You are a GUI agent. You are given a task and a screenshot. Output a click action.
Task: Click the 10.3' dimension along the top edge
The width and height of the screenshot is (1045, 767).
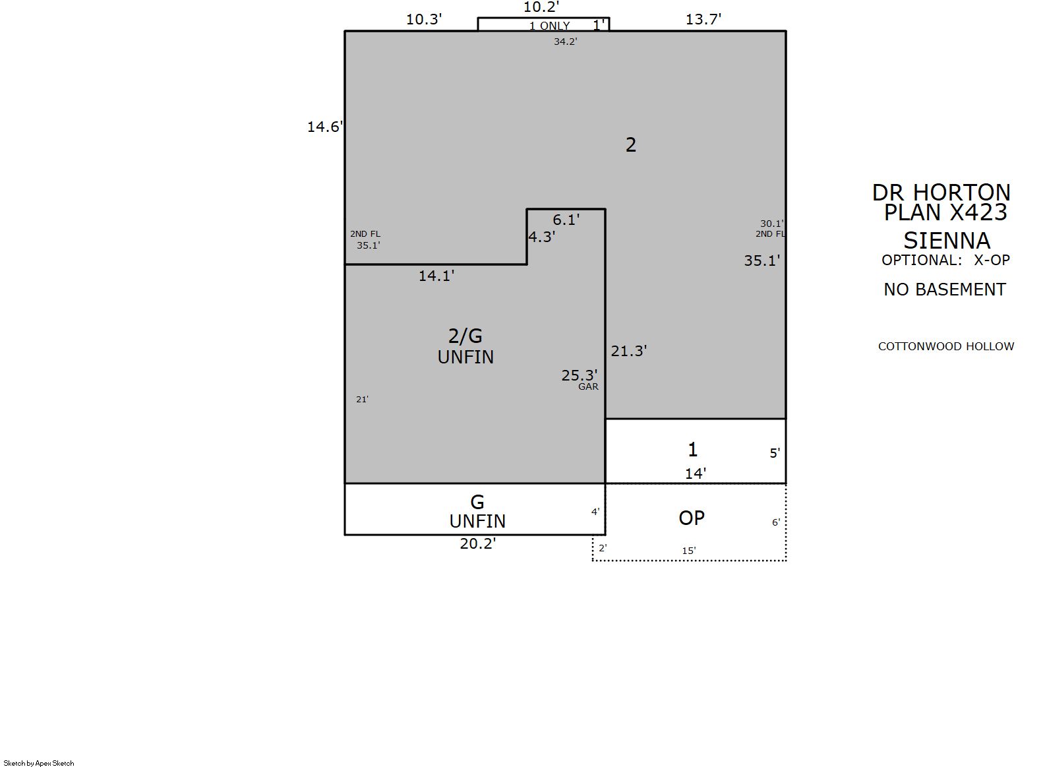(423, 20)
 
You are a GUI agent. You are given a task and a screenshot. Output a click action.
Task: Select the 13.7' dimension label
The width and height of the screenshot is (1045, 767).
(703, 20)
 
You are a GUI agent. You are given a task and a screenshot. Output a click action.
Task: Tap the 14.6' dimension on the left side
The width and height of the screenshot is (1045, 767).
(324, 127)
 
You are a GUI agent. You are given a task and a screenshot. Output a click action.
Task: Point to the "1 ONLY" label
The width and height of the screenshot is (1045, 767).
(549, 26)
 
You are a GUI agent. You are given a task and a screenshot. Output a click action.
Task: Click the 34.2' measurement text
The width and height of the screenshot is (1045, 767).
(566, 42)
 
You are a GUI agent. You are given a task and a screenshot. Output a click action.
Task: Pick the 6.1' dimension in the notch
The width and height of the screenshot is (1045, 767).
(566, 220)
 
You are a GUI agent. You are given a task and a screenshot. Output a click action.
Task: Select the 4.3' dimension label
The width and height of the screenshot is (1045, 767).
(542, 237)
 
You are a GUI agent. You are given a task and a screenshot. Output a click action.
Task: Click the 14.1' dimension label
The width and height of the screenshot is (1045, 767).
(436, 276)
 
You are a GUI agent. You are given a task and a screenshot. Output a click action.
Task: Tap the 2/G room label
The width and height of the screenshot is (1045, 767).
(465, 336)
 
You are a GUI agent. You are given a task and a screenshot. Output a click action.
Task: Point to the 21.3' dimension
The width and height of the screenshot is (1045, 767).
(629, 352)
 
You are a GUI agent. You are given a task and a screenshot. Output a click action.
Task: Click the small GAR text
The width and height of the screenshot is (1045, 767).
(588, 386)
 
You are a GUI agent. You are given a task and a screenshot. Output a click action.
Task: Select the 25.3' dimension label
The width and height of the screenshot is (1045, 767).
(580, 375)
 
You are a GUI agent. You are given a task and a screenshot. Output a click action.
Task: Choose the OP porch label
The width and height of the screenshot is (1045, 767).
(692, 518)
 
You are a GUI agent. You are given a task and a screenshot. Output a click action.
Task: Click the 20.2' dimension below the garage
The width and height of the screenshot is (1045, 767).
(478, 544)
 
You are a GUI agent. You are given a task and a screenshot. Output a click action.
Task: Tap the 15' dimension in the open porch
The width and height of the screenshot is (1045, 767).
(689, 551)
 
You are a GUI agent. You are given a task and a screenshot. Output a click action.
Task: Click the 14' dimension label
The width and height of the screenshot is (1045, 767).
(696, 474)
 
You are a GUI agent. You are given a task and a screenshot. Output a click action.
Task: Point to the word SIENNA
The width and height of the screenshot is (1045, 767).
(947, 241)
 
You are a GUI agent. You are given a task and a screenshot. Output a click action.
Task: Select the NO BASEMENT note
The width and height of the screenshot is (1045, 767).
(945, 290)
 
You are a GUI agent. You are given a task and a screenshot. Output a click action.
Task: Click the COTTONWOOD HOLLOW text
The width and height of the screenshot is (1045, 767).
(946, 347)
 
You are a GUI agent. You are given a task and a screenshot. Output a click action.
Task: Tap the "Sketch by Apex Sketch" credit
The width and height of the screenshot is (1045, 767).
(39, 763)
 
